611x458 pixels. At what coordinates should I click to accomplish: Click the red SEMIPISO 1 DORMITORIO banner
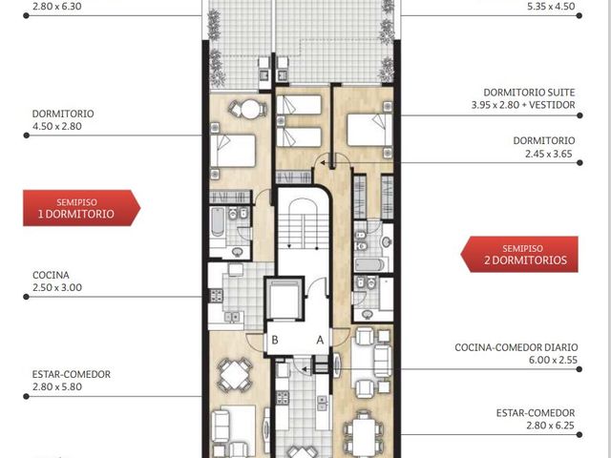(x=81, y=208)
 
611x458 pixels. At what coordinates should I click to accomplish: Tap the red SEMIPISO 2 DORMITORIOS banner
(x=519, y=255)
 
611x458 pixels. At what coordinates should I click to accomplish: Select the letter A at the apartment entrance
(x=320, y=341)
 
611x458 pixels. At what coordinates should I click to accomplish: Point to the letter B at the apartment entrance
(x=275, y=340)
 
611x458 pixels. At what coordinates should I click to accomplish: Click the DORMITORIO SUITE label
(x=529, y=93)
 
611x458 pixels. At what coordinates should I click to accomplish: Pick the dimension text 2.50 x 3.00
(x=57, y=288)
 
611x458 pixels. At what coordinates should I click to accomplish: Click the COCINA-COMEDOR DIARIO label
(x=516, y=347)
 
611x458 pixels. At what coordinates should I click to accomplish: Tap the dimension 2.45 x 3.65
(x=549, y=154)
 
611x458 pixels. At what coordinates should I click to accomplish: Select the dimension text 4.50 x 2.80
(x=57, y=126)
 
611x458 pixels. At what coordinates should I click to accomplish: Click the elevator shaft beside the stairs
(x=284, y=299)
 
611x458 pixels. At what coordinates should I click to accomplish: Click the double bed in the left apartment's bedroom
(x=233, y=151)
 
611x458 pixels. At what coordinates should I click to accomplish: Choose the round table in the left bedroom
(x=250, y=109)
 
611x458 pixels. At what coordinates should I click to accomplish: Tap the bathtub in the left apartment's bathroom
(x=218, y=221)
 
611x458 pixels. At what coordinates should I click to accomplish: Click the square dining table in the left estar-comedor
(x=234, y=375)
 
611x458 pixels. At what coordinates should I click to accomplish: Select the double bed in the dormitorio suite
(x=369, y=130)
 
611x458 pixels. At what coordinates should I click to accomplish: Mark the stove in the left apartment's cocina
(x=217, y=296)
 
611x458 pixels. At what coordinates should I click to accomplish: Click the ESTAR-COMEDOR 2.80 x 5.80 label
(x=72, y=381)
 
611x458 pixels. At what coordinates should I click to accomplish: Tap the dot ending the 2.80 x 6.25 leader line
(x=579, y=435)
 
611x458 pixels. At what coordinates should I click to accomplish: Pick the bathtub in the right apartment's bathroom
(x=369, y=265)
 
